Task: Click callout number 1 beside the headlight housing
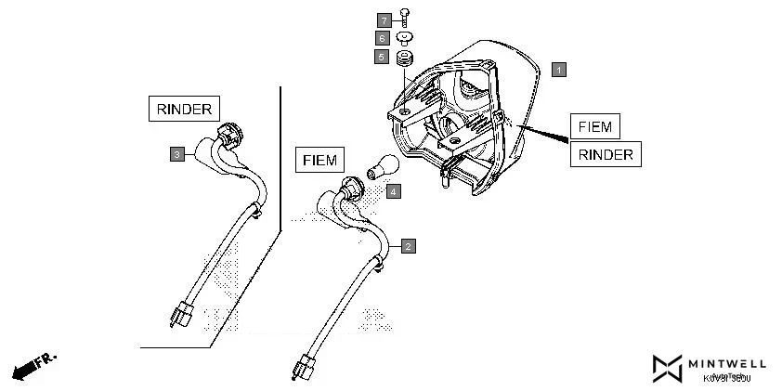(558, 69)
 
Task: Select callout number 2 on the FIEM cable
(408, 246)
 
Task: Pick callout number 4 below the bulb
(394, 191)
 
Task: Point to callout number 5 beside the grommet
(382, 58)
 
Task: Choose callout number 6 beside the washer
(382, 38)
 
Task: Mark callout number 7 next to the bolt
(383, 20)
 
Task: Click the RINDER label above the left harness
(184, 109)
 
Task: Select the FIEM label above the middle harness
(319, 160)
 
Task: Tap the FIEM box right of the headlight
(594, 126)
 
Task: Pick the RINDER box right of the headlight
(606, 154)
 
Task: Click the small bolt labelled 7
(406, 16)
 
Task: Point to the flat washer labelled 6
(406, 38)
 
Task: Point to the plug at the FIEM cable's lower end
(305, 365)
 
